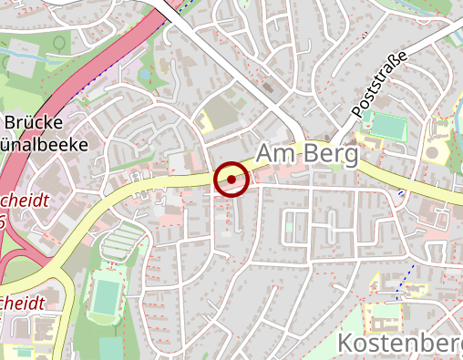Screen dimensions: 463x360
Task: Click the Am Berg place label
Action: point(306,156)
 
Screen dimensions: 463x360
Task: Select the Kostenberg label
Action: point(400,344)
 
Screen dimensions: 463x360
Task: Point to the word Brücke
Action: point(34,123)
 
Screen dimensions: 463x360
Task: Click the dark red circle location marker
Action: point(231,180)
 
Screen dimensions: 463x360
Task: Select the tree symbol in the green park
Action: point(60,42)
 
